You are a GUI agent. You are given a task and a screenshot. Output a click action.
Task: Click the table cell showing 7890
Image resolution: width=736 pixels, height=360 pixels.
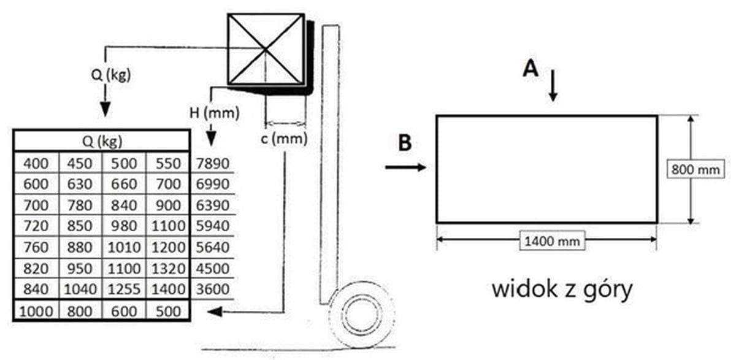(x=212, y=163)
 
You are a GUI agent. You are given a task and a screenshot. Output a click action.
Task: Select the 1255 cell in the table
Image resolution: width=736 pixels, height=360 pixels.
(x=125, y=289)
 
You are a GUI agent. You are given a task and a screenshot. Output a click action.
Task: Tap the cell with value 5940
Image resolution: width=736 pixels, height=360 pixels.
(x=212, y=226)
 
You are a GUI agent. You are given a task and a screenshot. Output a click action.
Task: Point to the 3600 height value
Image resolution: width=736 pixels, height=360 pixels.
(x=212, y=289)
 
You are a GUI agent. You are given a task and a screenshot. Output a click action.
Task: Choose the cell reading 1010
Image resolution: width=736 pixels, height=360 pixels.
(x=125, y=248)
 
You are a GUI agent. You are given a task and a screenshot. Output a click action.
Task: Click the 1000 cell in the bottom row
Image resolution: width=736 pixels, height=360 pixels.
(x=36, y=311)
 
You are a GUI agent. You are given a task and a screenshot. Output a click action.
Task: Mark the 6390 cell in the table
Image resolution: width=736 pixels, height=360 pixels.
(x=212, y=205)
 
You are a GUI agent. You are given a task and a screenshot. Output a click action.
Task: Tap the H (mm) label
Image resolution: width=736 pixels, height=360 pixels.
(x=213, y=112)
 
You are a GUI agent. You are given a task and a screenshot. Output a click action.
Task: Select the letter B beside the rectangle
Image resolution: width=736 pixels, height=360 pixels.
(x=405, y=143)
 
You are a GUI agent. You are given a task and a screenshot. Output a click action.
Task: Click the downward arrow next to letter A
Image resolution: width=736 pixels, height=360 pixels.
(x=553, y=86)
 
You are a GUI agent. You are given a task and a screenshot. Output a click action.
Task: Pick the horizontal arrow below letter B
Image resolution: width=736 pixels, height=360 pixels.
(x=405, y=166)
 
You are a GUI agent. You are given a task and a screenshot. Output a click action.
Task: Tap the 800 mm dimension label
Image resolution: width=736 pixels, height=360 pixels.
(x=696, y=169)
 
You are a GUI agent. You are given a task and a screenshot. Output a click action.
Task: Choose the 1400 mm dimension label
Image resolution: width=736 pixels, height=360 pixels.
(x=550, y=241)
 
